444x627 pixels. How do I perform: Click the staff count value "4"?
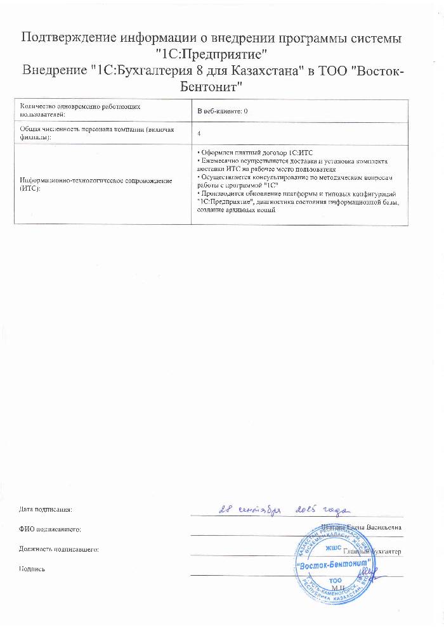click(x=199, y=134)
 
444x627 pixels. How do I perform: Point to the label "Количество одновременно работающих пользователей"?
click(x=79, y=111)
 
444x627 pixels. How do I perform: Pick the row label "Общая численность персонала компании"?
click(x=92, y=132)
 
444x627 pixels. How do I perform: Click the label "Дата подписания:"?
click(x=46, y=509)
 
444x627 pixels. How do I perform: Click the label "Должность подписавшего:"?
click(x=59, y=548)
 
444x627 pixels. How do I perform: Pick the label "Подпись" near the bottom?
click(x=32, y=569)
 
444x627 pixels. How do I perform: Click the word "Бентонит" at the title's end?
click(x=209, y=85)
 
